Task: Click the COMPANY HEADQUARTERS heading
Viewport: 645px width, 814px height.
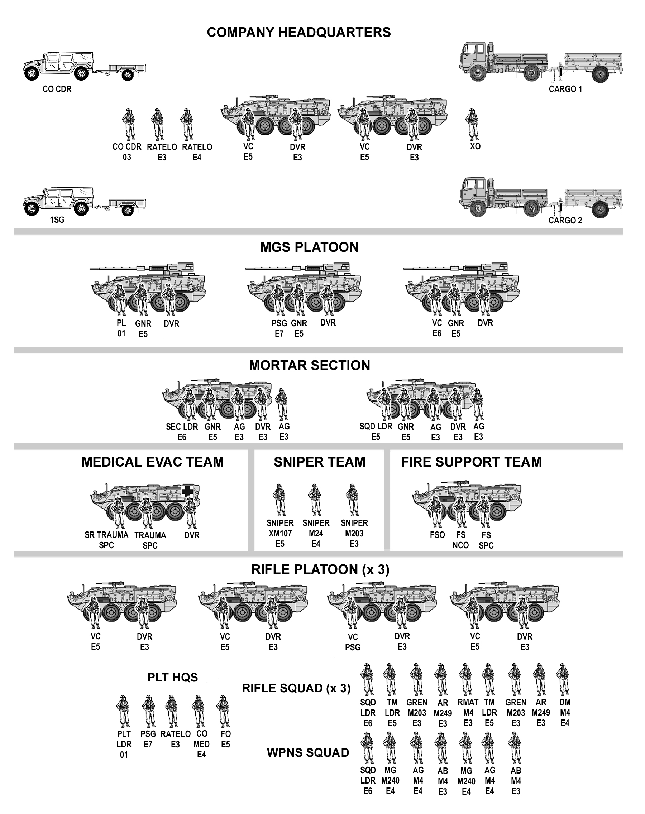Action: pyautogui.click(x=299, y=33)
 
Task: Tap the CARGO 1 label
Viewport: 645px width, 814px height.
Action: pyautogui.click(x=565, y=89)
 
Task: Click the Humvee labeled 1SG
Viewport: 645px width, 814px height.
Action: pyautogui.click(x=58, y=201)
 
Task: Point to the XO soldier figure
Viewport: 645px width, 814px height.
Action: pyautogui.click(x=471, y=124)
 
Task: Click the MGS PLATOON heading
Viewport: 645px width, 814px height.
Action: pyautogui.click(x=309, y=247)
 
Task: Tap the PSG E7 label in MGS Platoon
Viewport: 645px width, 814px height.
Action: pyautogui.click(x=279, y=328)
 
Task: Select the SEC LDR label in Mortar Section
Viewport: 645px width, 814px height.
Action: pyautogui.click(x=182, y=427)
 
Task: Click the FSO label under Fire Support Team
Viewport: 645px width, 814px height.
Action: pyautogui.click(x=437, y=535)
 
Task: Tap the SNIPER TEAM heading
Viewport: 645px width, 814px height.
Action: pyautogui.click(x=320, y=462)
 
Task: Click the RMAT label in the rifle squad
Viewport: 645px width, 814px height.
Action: pyautogui.click(x=468, y=702)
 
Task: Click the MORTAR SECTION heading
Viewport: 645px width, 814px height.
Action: pyautogui.click(x=309, y=365)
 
